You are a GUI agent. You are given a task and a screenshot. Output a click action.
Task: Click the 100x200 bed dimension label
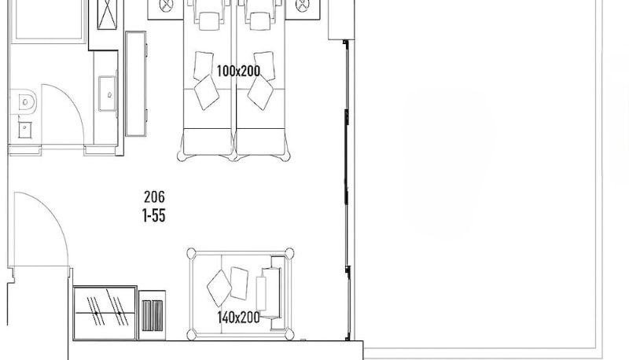tap(238, 72)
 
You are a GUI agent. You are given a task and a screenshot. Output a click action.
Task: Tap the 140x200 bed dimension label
tap(238, 318)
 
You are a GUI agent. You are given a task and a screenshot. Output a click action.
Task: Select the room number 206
tap(154, 197)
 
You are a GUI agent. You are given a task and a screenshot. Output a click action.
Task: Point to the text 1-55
tap(154, 215)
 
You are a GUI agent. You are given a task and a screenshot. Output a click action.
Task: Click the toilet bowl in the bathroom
tap(24, 102)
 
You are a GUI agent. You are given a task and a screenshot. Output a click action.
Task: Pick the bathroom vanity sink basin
tap(108, 94)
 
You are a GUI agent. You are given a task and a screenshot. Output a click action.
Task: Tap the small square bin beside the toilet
tap(25, 130)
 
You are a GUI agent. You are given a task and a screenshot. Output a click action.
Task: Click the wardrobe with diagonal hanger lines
tap(105, 313)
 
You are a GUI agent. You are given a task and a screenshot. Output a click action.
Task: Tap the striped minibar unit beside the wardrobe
tap(153, 315)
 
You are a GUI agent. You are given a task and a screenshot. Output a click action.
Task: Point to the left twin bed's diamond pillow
tap(207, 92)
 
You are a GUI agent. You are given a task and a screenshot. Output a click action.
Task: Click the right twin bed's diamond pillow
tap(260, 92)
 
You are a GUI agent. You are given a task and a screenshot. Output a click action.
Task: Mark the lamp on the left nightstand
tap(165, 6)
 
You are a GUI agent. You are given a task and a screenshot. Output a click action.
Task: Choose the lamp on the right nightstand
tap(302, 6)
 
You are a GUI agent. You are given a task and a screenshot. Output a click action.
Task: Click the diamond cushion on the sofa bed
tap(219, 288)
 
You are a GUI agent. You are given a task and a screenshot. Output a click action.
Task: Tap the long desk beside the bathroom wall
tap(136, 84)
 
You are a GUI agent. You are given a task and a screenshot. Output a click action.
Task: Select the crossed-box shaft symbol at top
tap(106, 14)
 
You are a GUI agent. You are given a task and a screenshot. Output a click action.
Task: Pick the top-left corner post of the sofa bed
tap(192, 253)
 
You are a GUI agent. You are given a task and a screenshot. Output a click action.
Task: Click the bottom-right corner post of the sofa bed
tap(289, 334)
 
